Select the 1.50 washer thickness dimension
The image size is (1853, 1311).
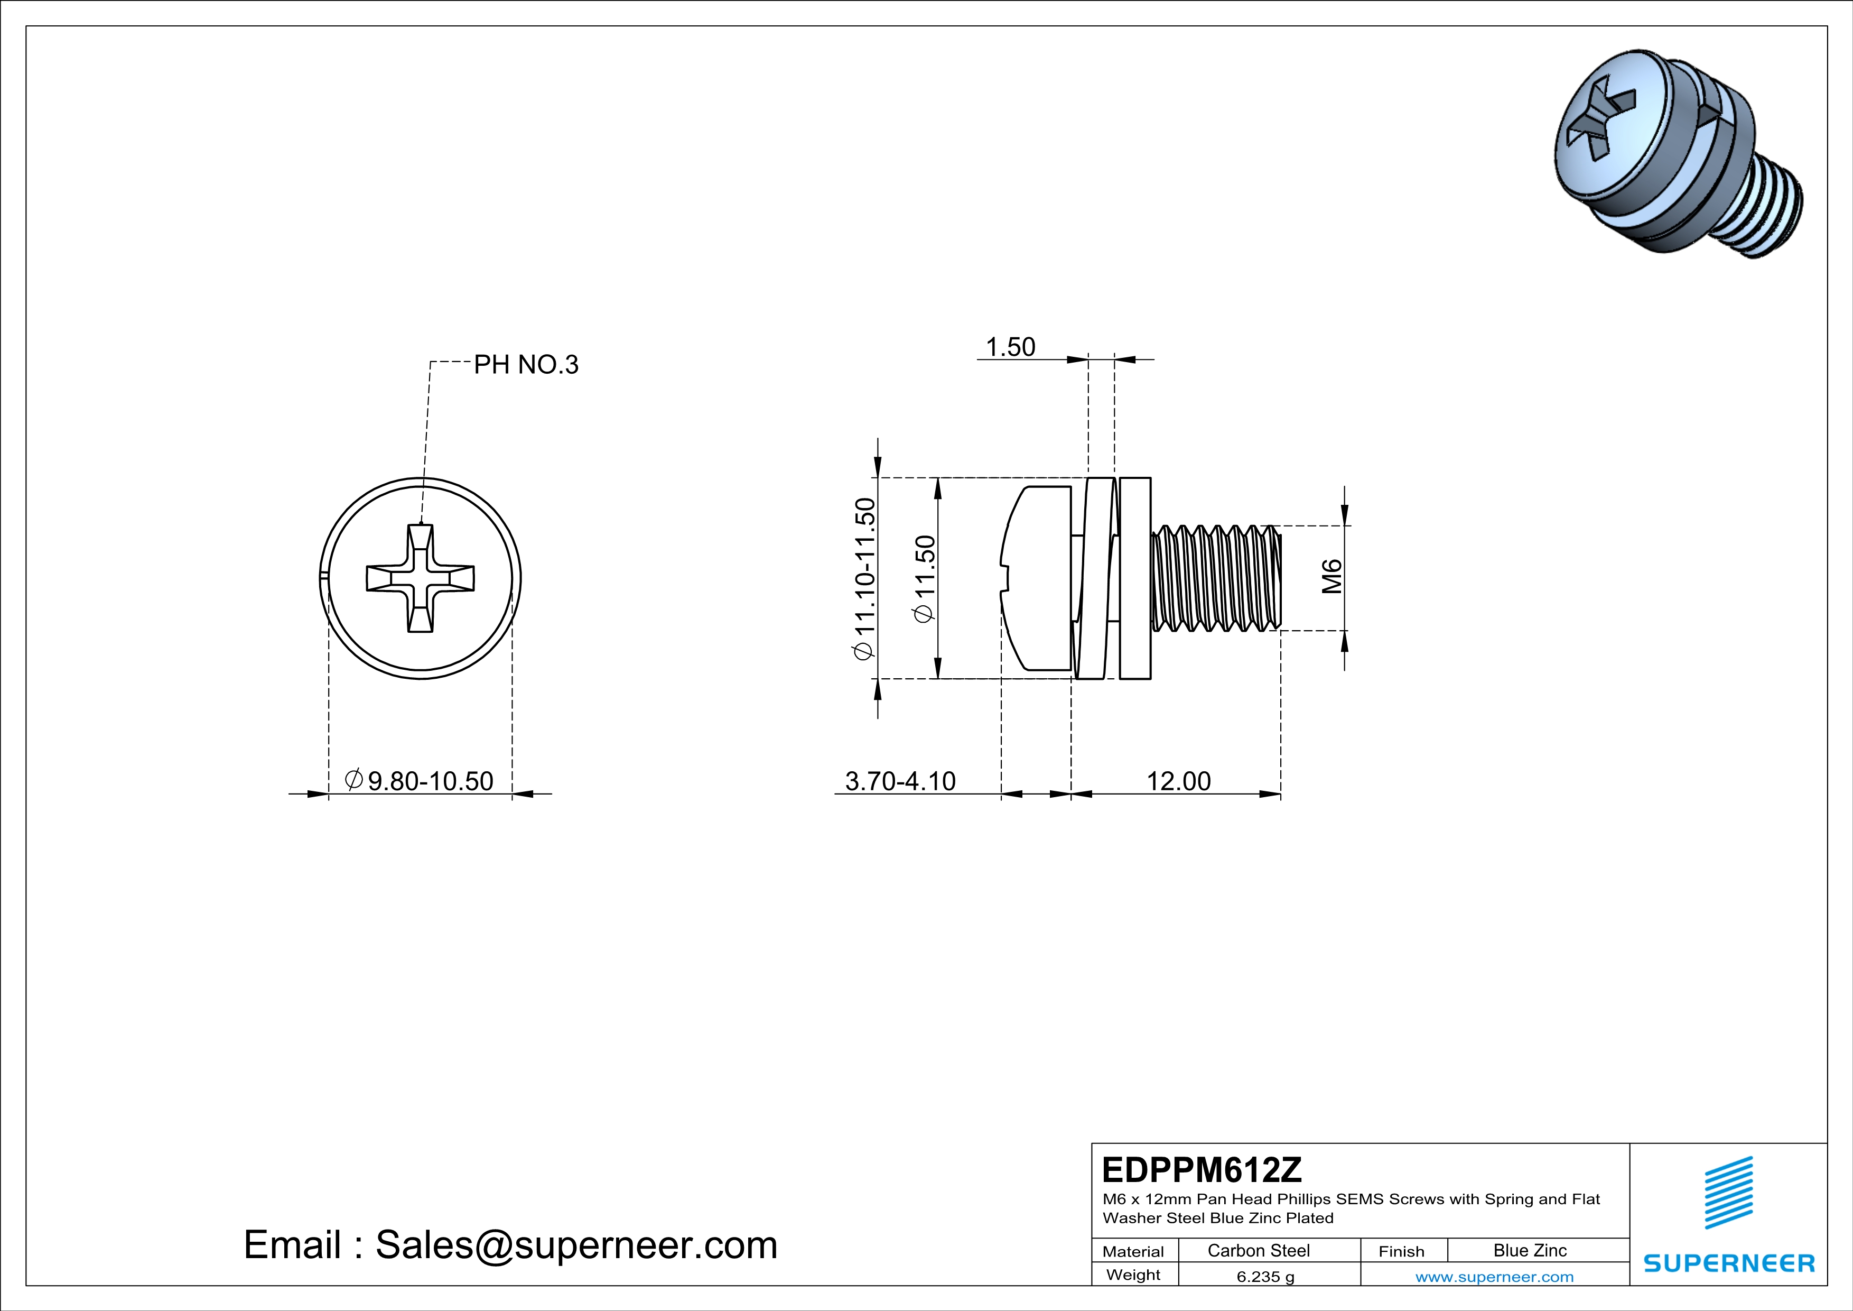[x=1010, y=347]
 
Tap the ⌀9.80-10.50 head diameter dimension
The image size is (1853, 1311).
[x=420, y=781]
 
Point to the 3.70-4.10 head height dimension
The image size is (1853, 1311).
[x=900, y=781]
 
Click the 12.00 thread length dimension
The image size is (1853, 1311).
[x=1178, y=781]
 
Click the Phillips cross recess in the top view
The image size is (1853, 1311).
[x=421, y=578]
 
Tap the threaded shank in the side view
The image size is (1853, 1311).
[x=1215, y=578]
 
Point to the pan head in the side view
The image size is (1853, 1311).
[x=1037, y=578]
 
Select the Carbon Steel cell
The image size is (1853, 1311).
[x=1258, y=1250]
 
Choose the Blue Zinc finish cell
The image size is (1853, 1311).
[x=1529, y=1250]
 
